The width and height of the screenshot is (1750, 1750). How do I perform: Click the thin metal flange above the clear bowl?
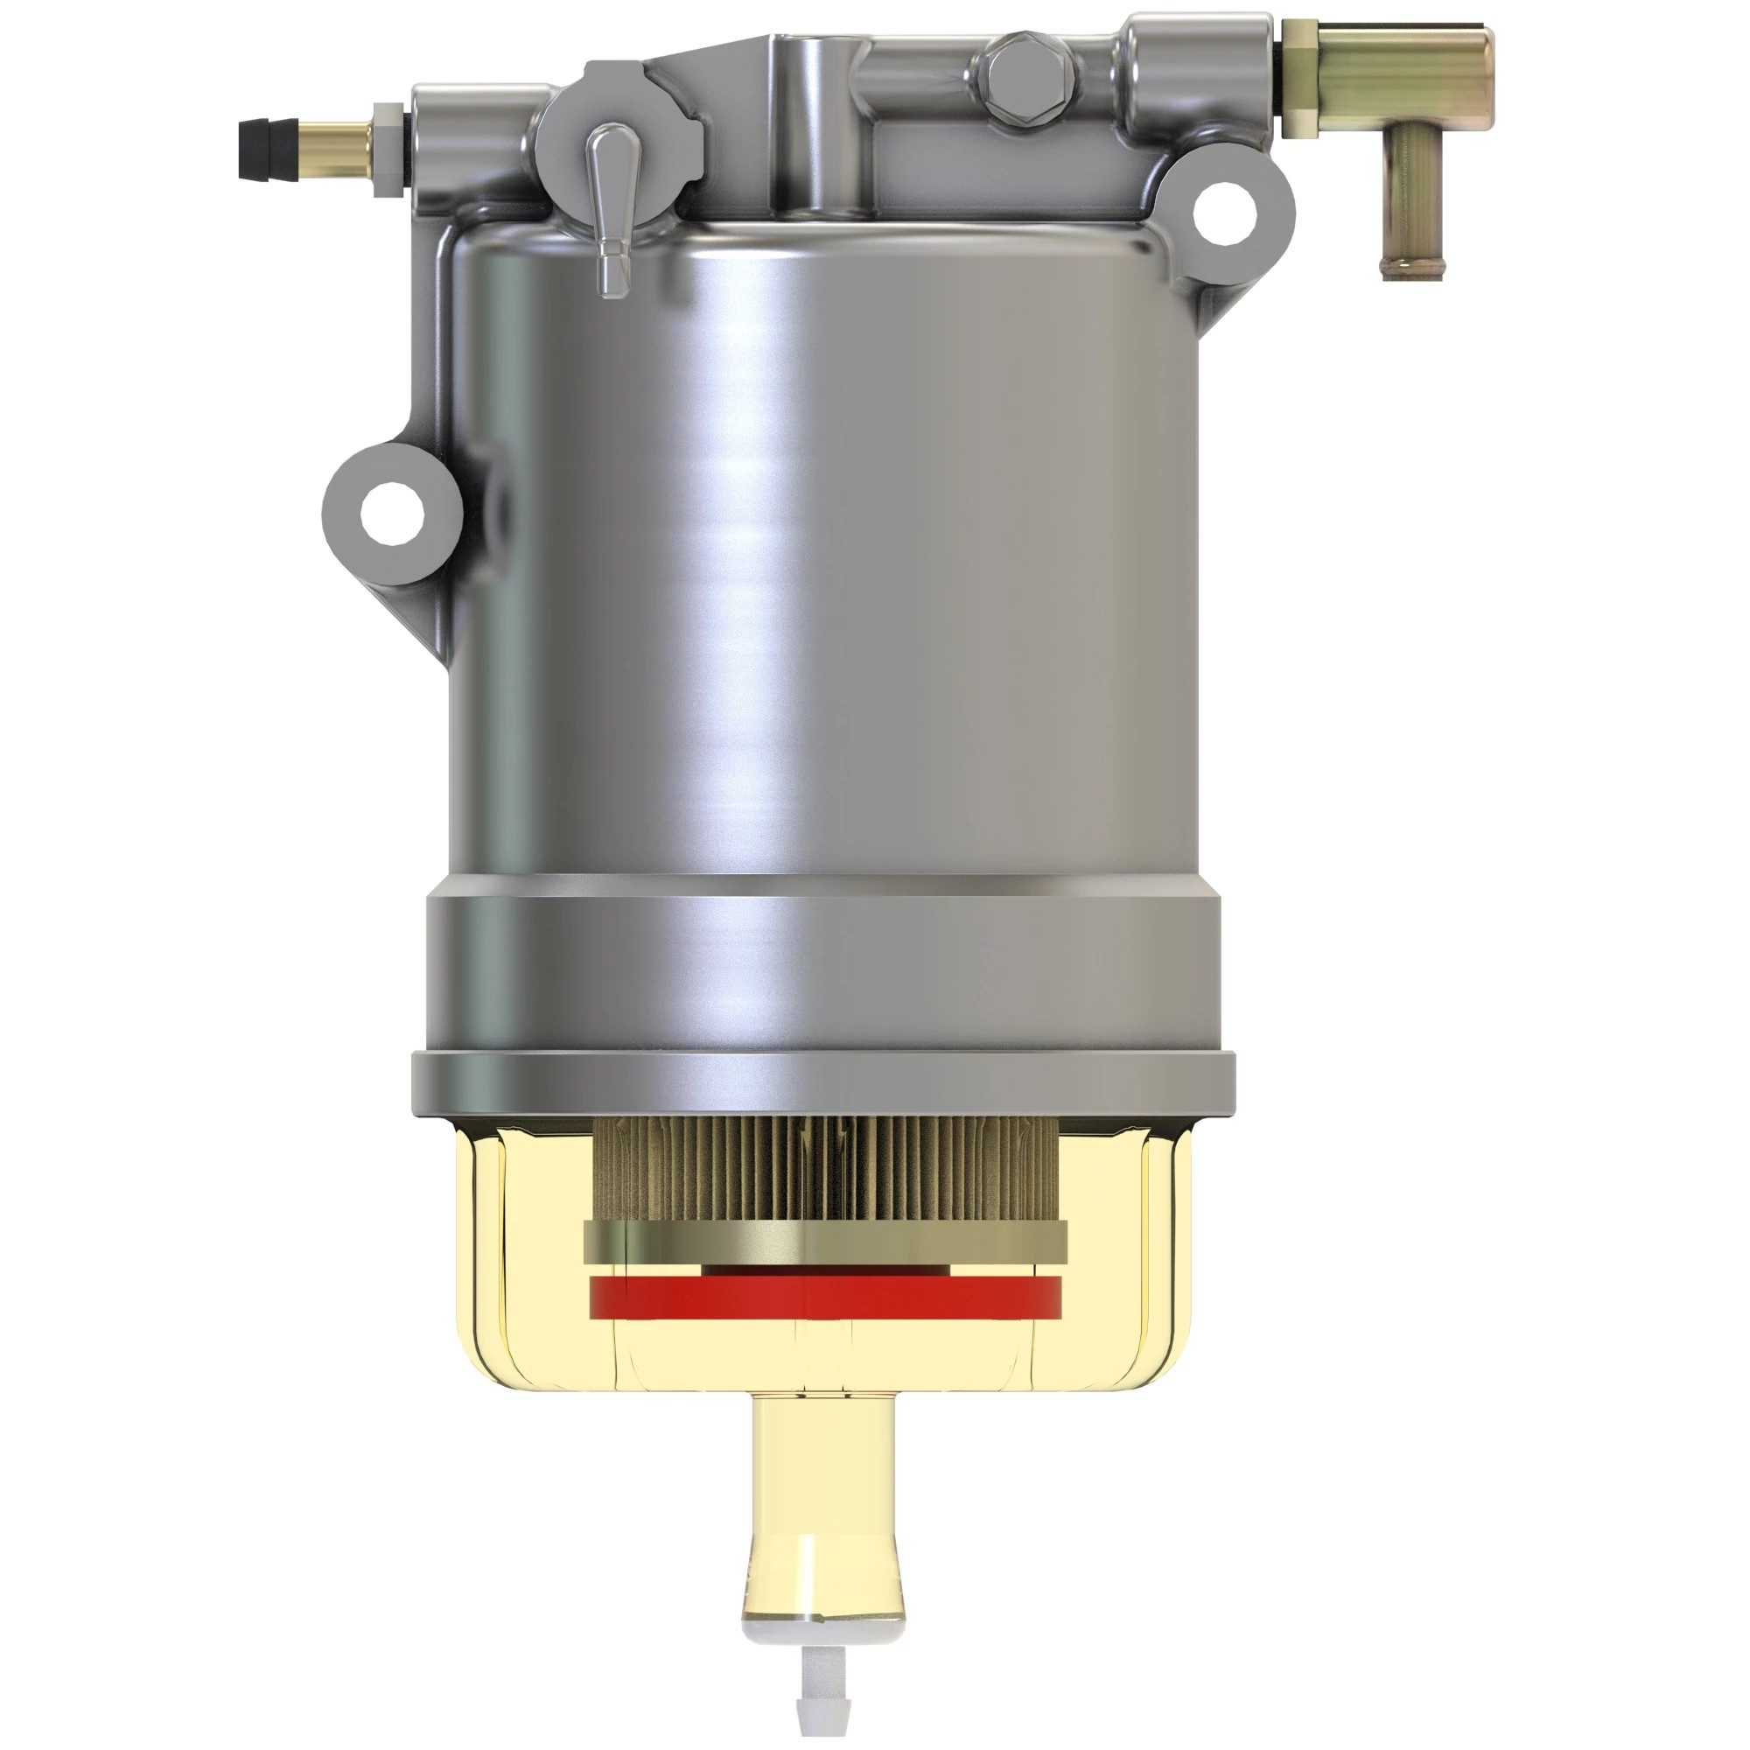tap(822, 1085)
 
